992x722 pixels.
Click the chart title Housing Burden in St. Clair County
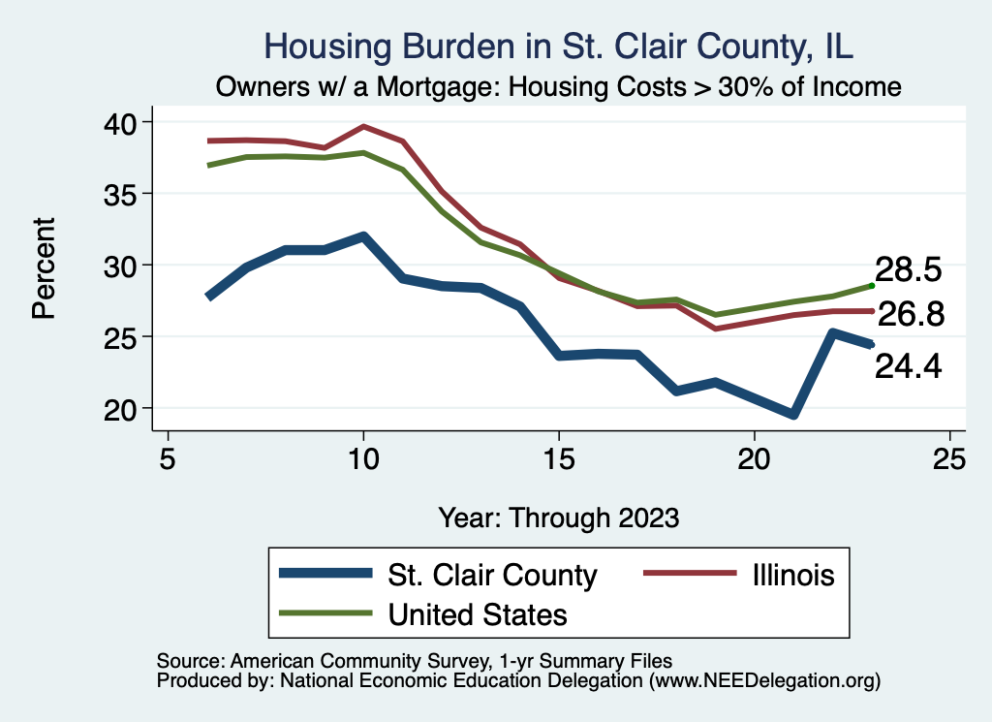(559, 47)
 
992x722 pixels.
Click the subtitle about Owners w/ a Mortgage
(559, 86)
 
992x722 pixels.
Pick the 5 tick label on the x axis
(169, 458)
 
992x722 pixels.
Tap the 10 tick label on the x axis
(363, 458)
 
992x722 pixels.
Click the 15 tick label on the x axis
(559, 458)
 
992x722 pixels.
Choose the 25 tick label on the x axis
(949, 458)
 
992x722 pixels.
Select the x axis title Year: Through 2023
(559, 516)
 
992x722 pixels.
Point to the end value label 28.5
(909, 270)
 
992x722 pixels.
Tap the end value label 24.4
(909, 365)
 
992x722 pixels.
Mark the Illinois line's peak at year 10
(363, 126)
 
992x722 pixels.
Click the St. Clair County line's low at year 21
(793, 415)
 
